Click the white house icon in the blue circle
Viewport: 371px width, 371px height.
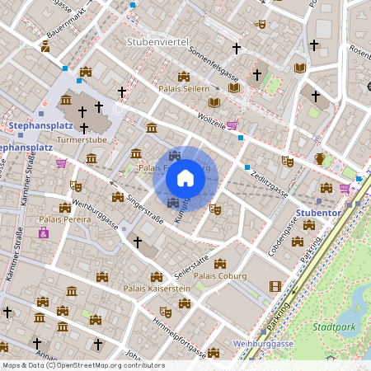[x=185, y=177]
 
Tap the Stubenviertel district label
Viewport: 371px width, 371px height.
[x=158, y=41]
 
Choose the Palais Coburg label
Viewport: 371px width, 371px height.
[x=219, y=276]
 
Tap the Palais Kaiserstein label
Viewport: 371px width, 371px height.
[x=157, y=289]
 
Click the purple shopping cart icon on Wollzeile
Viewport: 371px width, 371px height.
[x=233, y=125]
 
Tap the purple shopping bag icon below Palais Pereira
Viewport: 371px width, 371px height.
[x=44, y=234]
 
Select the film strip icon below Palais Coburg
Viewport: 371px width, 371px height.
[x=253, y=287]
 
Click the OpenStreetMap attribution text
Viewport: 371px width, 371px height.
[x=82, y=364]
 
